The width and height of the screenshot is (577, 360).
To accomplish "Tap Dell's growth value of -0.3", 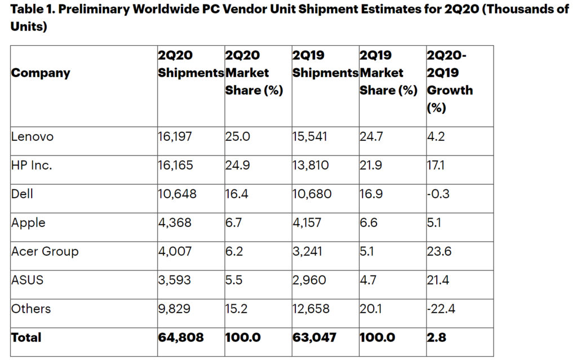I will tap(440, 194).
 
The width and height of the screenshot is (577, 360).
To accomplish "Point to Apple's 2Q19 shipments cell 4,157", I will tap(307, 223).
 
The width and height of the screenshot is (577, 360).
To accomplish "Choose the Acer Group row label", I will tap(45, 251).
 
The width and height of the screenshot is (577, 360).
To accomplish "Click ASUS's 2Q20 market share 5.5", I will tap(234, 280).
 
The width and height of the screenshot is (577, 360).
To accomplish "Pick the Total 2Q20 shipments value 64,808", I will tap(181, 337).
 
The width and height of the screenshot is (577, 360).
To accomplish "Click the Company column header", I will tap(41, 73).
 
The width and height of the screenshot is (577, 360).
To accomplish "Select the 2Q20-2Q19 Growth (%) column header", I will tap(450, 81).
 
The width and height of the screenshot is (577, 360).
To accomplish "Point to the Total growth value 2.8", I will tap(437, 337).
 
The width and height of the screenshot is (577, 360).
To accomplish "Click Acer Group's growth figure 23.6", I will tap(440, 251).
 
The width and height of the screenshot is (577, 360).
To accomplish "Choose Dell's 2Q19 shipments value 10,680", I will tap(312, 194).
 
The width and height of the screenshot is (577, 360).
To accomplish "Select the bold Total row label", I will tap(26, 337).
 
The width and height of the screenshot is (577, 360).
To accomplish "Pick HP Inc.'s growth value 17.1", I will tap(437, 165).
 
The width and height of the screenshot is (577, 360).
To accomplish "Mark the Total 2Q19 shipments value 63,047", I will tap(314, 337).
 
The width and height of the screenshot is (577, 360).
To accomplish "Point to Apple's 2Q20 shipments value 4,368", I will tap(175, 223).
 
